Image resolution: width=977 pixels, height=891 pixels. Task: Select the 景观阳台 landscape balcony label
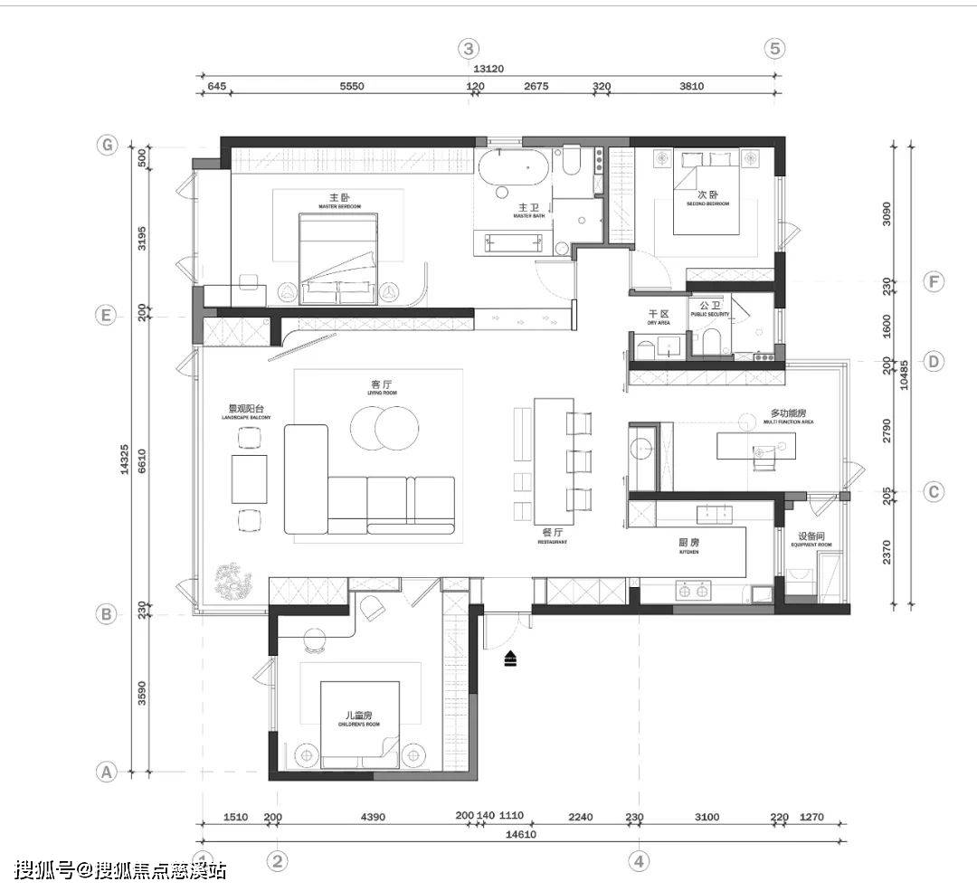click(242, 412)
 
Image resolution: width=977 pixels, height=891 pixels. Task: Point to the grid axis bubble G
click(108, 145)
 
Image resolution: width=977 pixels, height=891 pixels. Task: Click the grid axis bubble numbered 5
click(774, 48)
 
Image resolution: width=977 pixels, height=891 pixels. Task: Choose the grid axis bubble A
click(106, 773)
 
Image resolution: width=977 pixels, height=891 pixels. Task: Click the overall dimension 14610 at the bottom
click(522, 834)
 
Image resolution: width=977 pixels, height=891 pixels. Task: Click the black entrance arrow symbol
click(511, 659)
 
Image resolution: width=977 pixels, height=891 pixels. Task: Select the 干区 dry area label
click(658, 317)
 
